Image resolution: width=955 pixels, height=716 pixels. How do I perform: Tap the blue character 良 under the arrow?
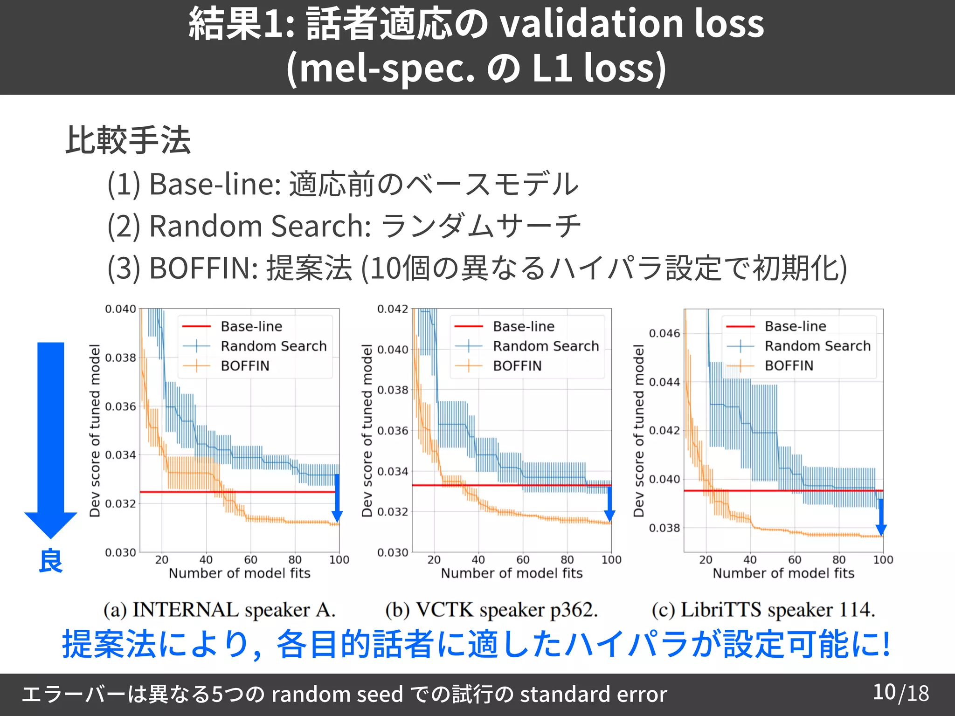(50, 561)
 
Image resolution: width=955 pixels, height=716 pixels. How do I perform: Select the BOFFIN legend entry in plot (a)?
(245, 366)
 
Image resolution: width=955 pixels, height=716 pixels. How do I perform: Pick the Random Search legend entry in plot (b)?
(546, 346)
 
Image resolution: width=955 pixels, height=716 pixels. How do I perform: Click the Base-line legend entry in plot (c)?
(795, 326)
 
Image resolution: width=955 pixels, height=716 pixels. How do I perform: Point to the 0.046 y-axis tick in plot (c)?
(664, 333)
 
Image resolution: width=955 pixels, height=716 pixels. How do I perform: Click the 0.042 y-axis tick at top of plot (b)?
(392, 309)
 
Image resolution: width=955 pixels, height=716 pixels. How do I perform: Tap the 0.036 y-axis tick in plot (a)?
(120, 406)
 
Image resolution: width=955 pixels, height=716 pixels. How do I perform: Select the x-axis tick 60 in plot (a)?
(250, 559)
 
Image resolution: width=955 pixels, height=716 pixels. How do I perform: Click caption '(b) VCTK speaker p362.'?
(491, 610)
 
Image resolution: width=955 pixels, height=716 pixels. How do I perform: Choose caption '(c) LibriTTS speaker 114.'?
(763, 610)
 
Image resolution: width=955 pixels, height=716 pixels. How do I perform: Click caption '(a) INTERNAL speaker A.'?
(219, 610)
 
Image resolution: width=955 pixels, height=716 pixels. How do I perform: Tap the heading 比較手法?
(128, 140)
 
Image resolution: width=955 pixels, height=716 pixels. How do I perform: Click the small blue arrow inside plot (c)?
(880, 517)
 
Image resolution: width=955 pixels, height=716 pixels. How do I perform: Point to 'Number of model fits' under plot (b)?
(512, 573)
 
